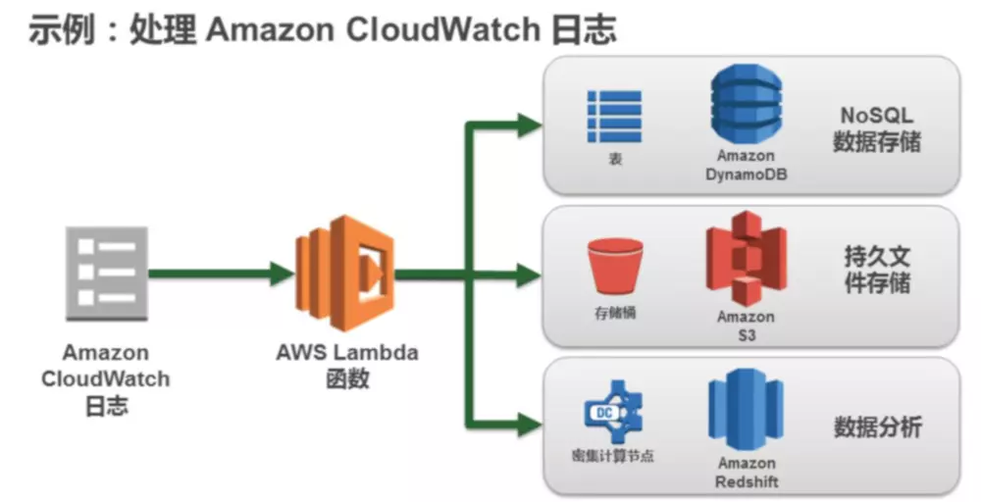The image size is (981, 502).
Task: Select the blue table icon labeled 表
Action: coord(614,117)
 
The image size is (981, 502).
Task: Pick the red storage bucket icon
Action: coord(614,266)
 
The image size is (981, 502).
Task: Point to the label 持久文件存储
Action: coord(877,271)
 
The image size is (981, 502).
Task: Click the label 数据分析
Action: coord(877,427)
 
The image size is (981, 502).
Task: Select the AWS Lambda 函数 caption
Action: coord(346,365)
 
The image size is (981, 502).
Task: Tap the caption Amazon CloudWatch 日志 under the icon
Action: coord(106,378)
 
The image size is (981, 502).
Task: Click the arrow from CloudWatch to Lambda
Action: coord(221,274)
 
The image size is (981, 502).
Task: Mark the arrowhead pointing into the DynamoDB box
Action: coord(530,124)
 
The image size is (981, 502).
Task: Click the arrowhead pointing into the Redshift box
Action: coord(530,424)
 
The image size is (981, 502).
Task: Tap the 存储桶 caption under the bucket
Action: coord(614,314)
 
